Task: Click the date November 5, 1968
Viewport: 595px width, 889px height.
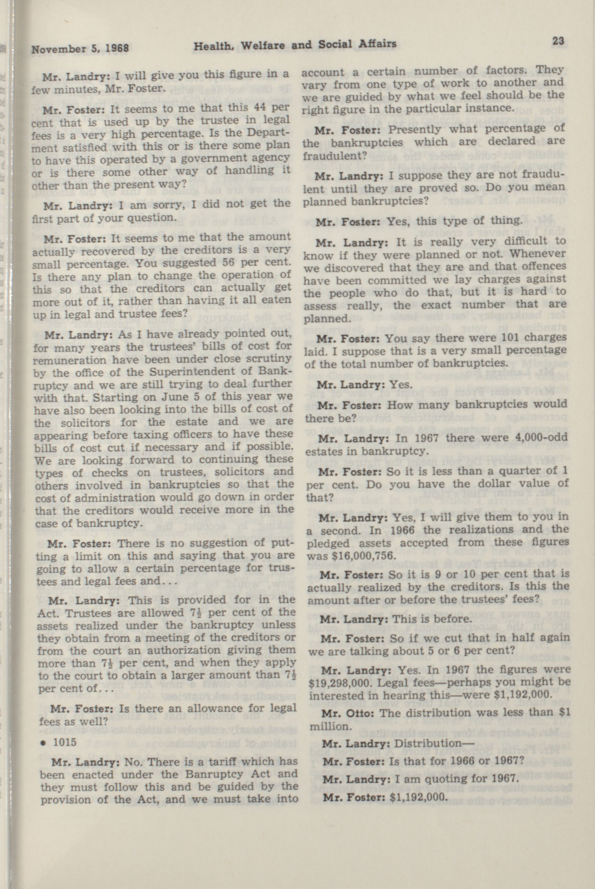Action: [80, 48]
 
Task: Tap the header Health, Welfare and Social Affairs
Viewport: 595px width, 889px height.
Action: [295, 45]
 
